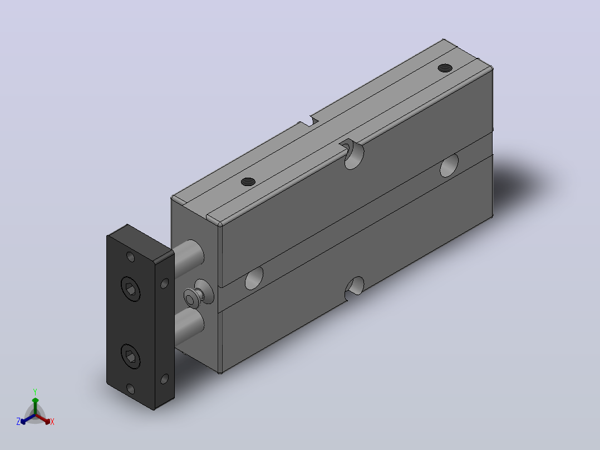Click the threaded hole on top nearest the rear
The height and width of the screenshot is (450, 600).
coord(445,68)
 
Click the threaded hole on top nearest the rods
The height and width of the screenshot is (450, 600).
coord(248,182)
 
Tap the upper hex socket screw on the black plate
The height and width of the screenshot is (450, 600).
coord(130,288)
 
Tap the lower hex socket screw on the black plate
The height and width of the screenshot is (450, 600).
coord(130,356)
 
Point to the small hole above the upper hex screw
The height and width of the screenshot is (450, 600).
coord(130,257)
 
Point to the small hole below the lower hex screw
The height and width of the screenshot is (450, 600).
coord(130,389)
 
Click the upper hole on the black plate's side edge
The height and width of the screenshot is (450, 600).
coord(165,283)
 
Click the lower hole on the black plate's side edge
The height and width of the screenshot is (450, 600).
coord(165,379)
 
